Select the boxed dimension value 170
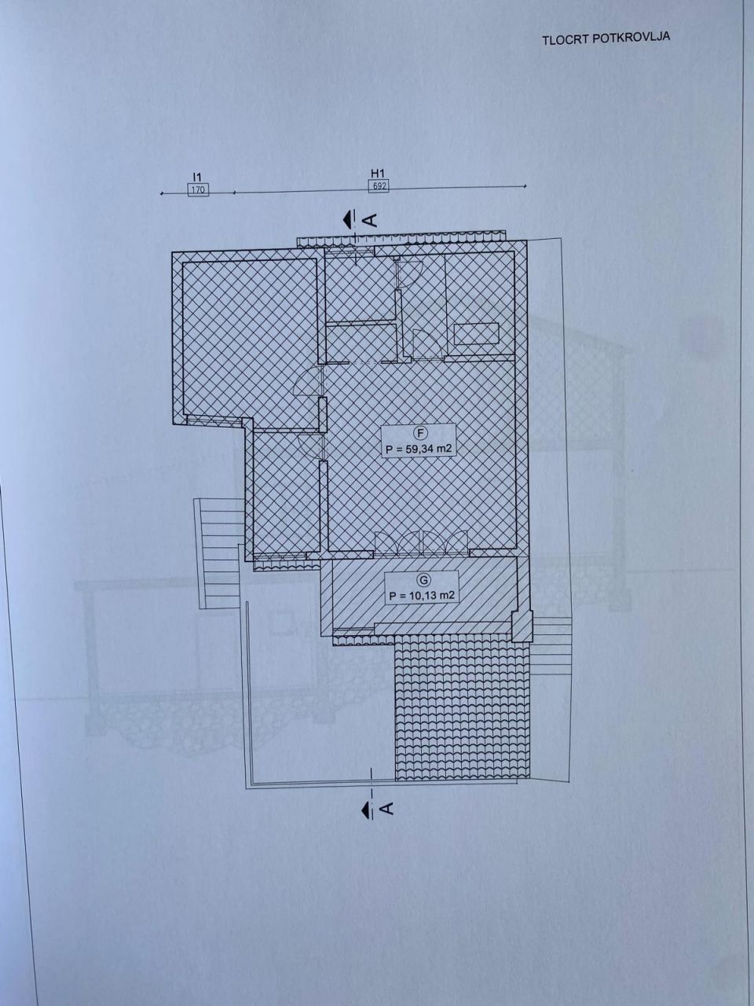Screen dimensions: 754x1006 click(198, 189)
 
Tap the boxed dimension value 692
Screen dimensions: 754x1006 click(379, 186)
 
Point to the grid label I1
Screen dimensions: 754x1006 click(197, 177)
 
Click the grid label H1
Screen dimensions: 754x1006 click(377, 173)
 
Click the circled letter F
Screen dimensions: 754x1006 click(419, 431)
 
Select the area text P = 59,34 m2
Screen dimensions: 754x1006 click(419, 449)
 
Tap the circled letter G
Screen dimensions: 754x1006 click(424, 580)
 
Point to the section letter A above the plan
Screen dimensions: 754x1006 click(372, 219)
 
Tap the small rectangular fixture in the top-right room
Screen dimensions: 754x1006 click(476, 333)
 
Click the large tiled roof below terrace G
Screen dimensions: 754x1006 click(463, 708)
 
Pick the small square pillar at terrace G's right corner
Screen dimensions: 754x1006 click(522, 626)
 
